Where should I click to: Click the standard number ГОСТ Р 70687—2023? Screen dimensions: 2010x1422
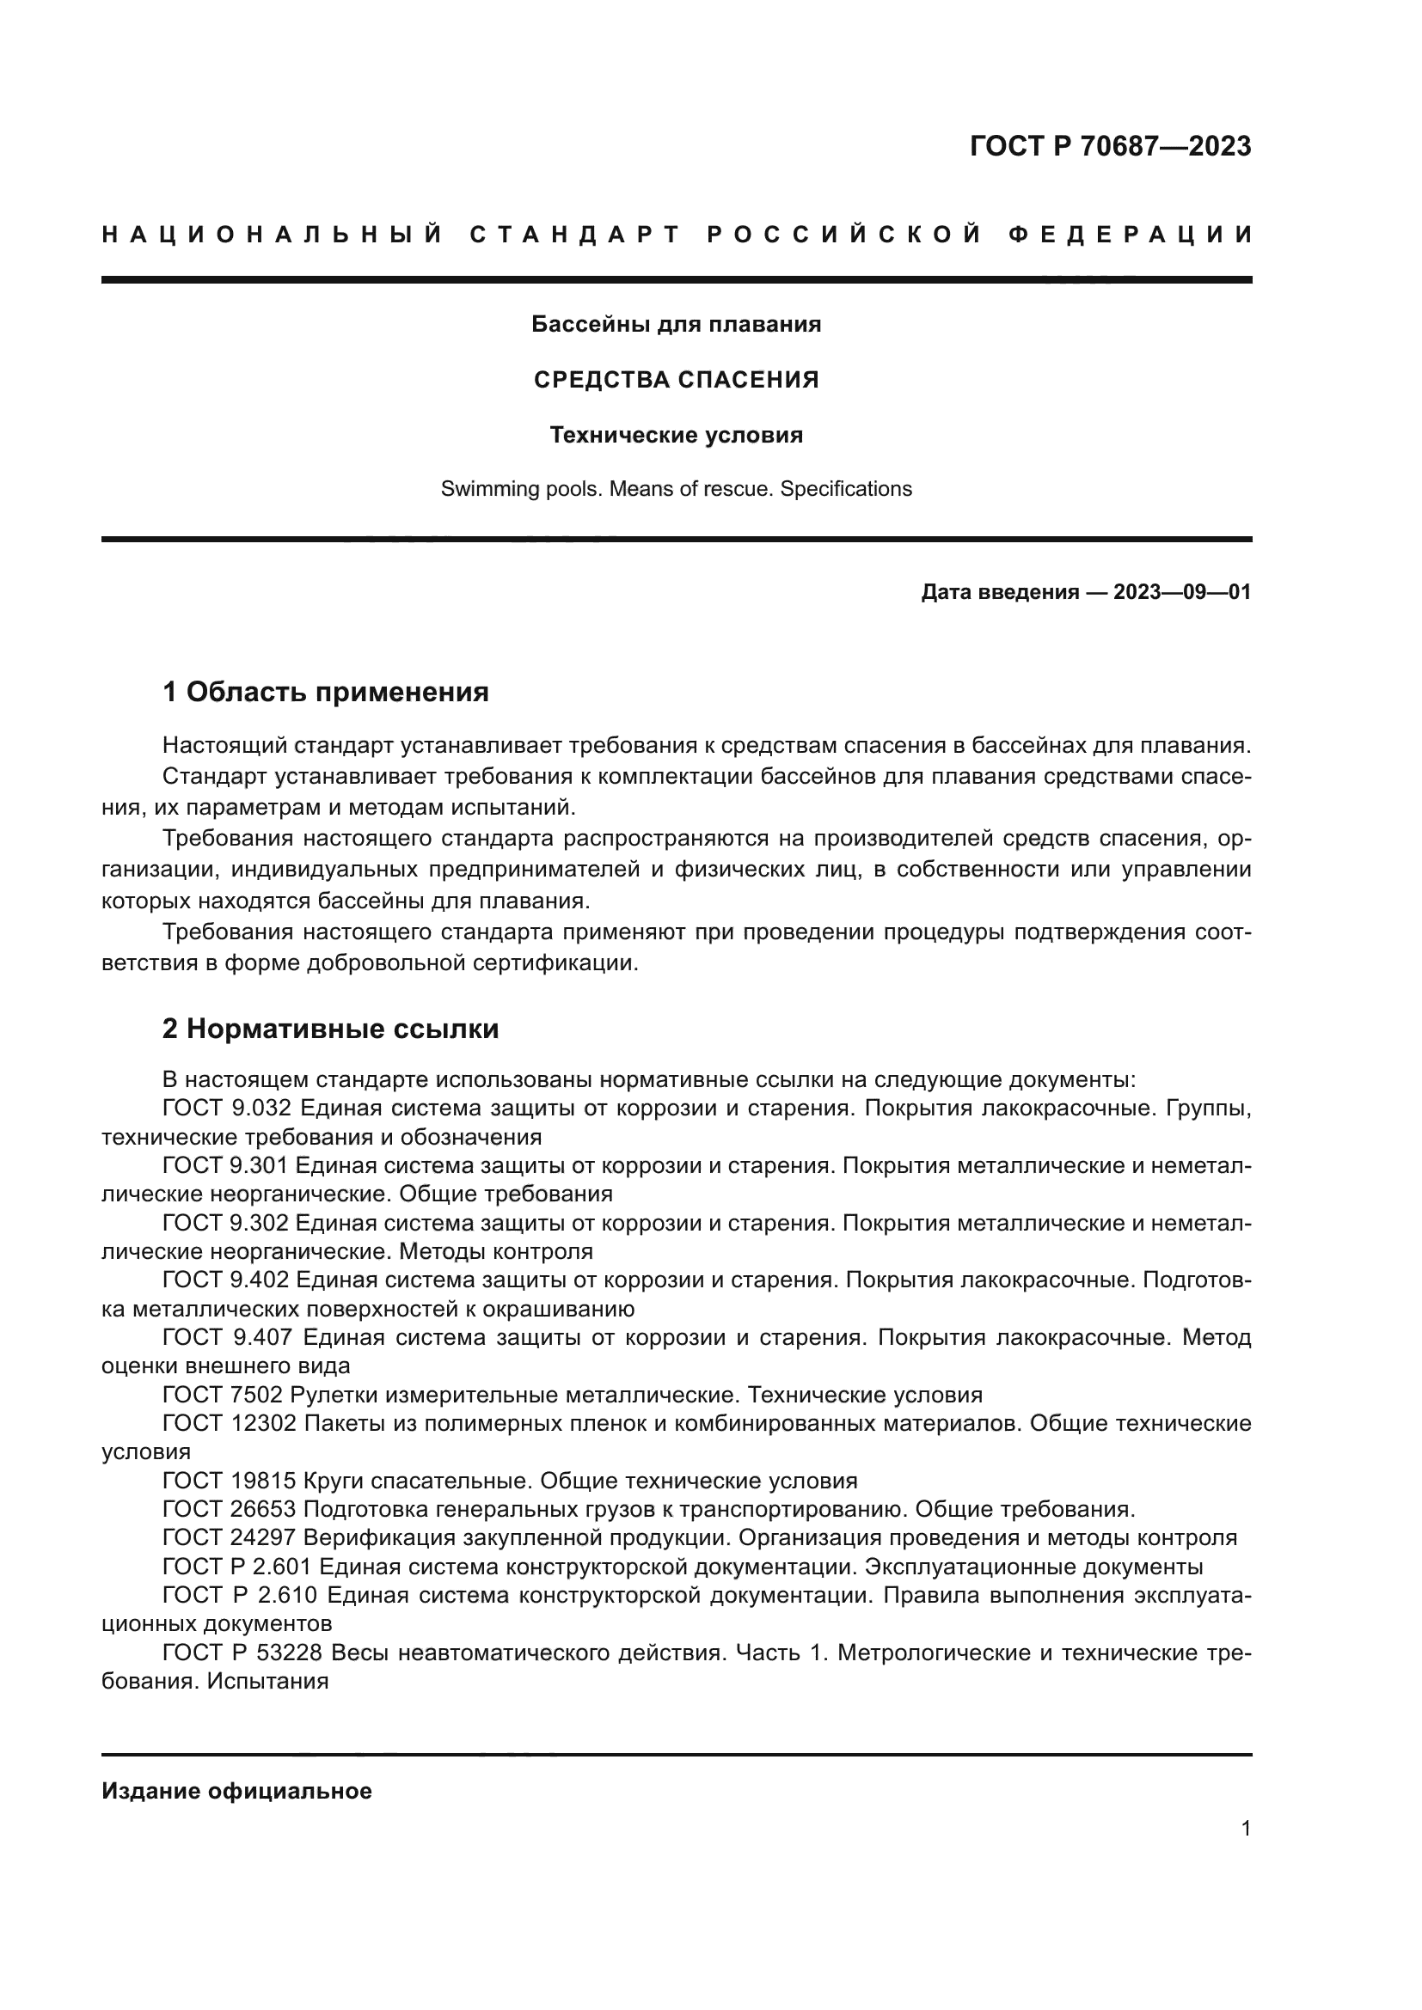point(1110,146)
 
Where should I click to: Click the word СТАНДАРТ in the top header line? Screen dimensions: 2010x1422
point(575,235)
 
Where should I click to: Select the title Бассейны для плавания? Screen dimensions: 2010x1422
point(676,325)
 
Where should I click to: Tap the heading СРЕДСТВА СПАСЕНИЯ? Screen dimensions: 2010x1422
point(676,380)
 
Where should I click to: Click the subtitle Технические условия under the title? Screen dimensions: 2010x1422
point(676,435)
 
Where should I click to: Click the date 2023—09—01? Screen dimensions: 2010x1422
point(1181,593)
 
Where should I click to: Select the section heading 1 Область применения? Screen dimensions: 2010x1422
point(325,693)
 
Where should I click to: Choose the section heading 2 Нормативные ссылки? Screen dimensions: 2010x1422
point(330,1029)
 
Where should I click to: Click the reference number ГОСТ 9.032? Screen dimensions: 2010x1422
point(226,1109)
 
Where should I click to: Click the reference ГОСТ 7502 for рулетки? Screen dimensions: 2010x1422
point(223,1395)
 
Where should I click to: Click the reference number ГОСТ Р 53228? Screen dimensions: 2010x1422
point(242,1653)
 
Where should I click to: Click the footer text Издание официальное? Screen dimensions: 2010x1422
point(236,1791)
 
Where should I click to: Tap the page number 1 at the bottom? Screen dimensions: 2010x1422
point(1245,1829)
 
